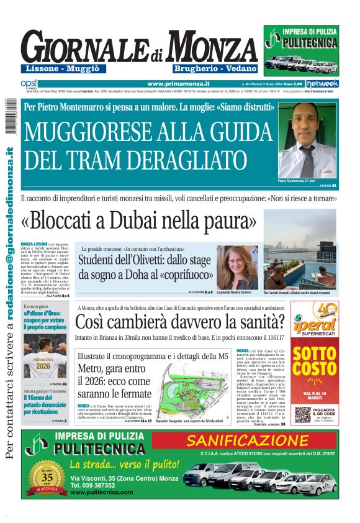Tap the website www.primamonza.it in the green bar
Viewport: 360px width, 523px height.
pos(178,83)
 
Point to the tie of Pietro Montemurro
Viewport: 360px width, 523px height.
pos(307,156)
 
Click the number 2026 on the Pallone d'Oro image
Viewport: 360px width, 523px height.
pos(44,366)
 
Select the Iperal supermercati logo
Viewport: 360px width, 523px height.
pos(314,321)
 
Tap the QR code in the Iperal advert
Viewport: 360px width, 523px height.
pos(302,414)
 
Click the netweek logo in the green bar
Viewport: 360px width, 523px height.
pos(323,83)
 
